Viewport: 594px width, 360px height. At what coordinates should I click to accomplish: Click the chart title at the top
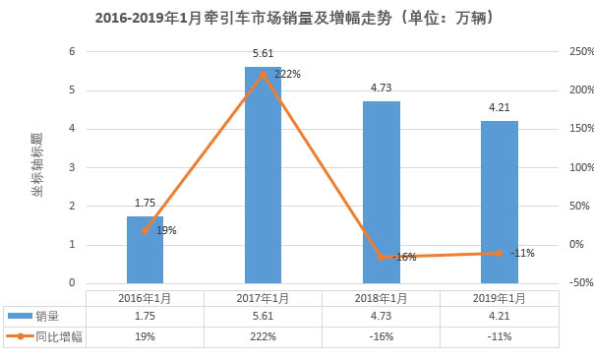294,19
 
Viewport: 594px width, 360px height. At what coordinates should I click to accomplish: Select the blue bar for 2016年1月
145,251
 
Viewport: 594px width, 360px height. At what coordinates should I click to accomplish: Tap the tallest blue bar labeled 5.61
263,177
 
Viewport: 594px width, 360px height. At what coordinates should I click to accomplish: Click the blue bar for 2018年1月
382,192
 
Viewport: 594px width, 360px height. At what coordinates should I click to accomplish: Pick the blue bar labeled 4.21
500,202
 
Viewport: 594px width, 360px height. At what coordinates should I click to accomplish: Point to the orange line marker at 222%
263,73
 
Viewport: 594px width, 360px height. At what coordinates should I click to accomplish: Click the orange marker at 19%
145,230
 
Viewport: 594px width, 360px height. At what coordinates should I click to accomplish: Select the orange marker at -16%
382,257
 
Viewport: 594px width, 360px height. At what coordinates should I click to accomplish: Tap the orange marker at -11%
500,253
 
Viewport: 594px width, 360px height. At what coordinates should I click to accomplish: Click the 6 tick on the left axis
71,52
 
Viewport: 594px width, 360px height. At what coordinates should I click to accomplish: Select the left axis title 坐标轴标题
37,167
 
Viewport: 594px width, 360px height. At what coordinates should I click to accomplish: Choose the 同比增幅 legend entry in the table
44,336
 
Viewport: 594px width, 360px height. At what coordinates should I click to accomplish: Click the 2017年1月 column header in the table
263,297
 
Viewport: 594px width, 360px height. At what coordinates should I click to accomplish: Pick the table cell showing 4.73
382,317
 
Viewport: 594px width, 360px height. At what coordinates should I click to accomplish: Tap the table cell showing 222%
263,336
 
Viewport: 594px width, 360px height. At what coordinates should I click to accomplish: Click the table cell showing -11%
500,336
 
